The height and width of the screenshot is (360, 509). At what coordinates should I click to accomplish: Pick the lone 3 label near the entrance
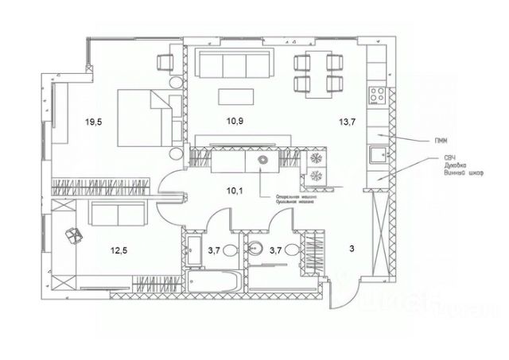click(352, 249)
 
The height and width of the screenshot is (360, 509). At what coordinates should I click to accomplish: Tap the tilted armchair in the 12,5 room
click(73, 234)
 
